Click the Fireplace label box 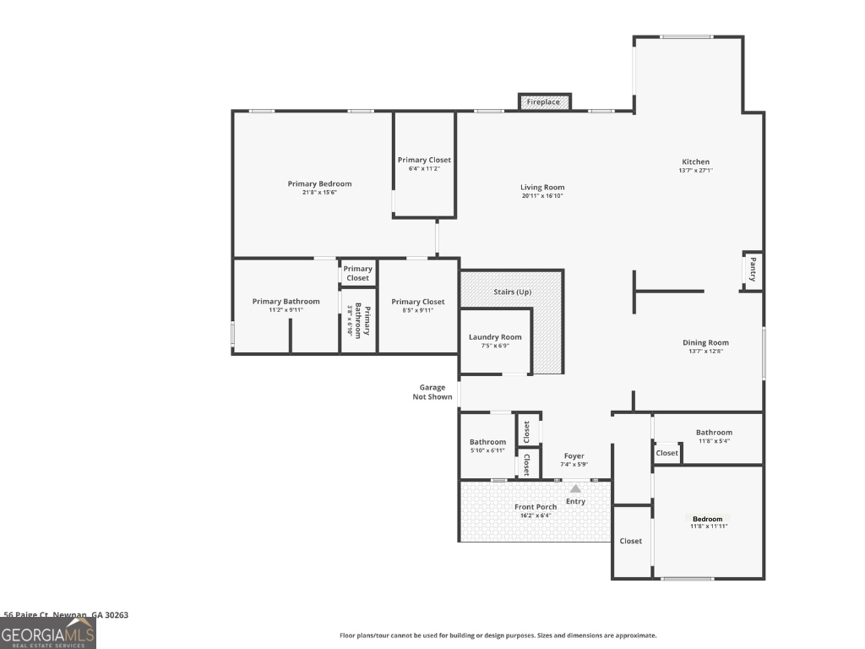pyautogui.click(x=544, y=102)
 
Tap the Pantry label pyautogui.click(x=752, y=271)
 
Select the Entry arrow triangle pyautogui.click(x=575, y=488)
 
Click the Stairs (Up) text pyautogui.click(x=512, y=292)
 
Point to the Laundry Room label pyautogui.click(x=495, y=337)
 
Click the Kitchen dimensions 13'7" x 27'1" pyautogui.click(x=696, y=171)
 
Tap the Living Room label pyautogui.click(x=541, y=188)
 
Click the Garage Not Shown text pyautogui.click(x=432, y=392)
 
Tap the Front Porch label pyautogui.click(x=536, y=507)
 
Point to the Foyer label pyautogui.click(x=574, y=456)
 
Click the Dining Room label pyautogui.click(x=705, y=343)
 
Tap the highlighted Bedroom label pyautogui.click(x=708, y=519)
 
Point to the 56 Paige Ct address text pyautogui.click(x=66, y=615)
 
